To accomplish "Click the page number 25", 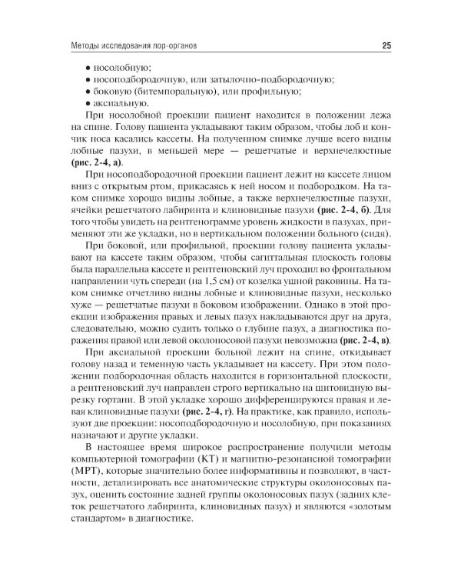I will pyautogui.click(x=386, y=46).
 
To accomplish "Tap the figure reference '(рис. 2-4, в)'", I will pyautogui.click(x=361, y=339).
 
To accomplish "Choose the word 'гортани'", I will pyautogui.click(x=121, y=400).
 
